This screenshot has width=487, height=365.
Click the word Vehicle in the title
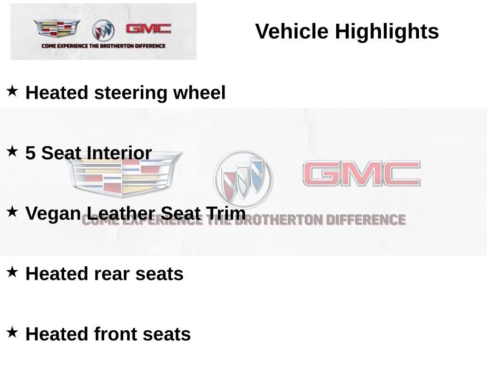point(292,31)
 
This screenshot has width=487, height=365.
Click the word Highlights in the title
point(387,32)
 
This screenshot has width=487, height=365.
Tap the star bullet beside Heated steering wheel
point(12,91)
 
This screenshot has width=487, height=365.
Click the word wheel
point(199,93)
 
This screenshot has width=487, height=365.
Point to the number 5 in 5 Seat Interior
point(30,153)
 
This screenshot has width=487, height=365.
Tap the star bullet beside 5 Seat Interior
point(12,151)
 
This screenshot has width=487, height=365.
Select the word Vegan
point(53,214)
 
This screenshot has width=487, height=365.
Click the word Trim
point(225,213)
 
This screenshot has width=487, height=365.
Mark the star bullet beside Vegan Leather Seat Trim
point(12,211)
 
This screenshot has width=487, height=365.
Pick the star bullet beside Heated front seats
point(12,332)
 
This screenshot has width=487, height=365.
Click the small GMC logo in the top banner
point(148,29)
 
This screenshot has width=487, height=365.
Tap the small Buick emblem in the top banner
point(103,30)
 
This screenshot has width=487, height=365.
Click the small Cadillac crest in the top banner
point(57,28)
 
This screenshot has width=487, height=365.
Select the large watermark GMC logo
point(361,173)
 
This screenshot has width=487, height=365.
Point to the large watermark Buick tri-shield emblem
point(243,179)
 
